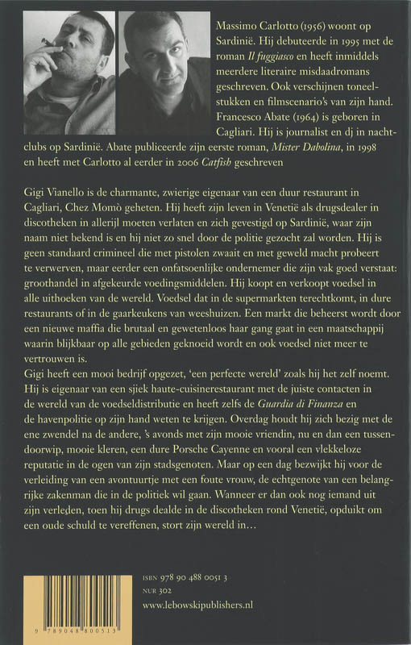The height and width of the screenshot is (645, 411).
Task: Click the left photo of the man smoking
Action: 69,71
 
